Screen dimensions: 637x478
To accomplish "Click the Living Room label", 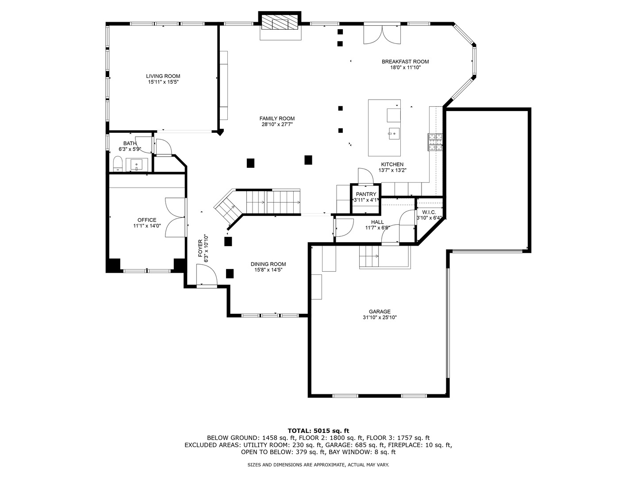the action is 163,76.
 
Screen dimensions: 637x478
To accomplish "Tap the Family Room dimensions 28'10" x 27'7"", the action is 277,124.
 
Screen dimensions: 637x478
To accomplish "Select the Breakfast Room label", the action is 405,62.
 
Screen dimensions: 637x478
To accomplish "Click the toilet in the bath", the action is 118,164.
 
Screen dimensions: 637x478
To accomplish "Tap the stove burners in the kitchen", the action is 435,142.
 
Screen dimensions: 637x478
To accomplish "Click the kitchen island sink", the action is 394,134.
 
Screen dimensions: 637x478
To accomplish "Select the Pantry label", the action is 366,194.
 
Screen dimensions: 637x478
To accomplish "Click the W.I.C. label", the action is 429,212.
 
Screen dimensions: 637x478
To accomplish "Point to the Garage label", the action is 380,312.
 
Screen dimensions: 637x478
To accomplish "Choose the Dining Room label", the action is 268,264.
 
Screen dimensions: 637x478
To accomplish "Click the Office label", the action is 147,220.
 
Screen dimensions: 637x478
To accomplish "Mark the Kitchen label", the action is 392,164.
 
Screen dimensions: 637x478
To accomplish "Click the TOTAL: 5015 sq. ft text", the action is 318,431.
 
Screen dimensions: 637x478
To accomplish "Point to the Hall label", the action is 377,222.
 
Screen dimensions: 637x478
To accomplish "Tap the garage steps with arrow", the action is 369,256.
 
